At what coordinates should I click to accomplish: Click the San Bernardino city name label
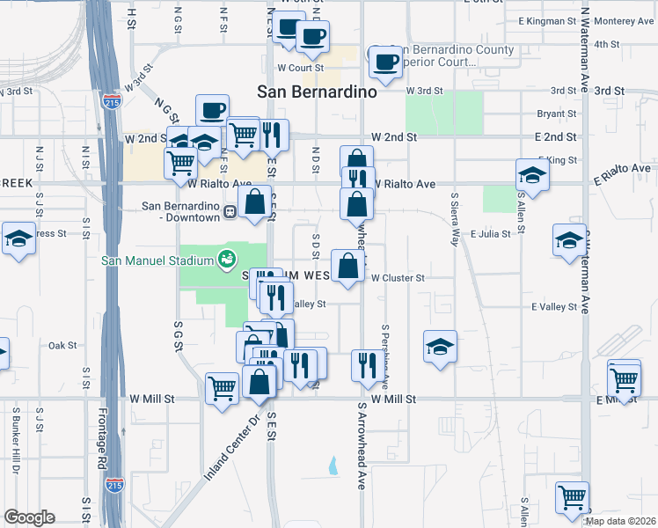pos(317,91)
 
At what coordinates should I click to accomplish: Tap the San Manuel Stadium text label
pos(157,260)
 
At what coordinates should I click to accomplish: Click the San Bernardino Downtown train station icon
pos(229,211)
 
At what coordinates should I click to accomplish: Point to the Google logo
pos(30,517)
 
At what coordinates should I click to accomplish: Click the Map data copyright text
pos(621,521)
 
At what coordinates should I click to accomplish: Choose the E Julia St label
pos(491,234)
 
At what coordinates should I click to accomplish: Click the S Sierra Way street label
pos(455,220)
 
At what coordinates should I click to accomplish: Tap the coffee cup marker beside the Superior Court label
pos(384,60)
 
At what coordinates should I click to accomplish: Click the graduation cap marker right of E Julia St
pos(569,238)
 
